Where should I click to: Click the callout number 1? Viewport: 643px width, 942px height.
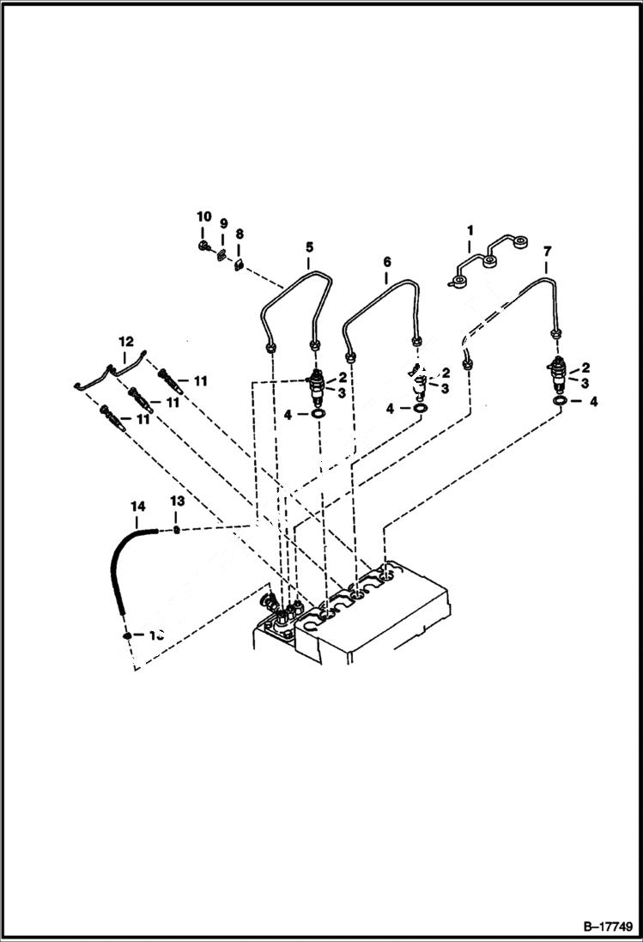point(470,230)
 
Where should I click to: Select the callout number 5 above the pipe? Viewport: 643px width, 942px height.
point(308,248)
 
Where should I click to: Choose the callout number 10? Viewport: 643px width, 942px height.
point(203,216)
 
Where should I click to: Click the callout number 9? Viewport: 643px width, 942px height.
point(222,224)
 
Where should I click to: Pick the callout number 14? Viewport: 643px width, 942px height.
point(137,507)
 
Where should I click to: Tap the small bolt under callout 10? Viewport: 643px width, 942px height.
point(203,246)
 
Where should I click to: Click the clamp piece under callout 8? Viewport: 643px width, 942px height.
point(240,264)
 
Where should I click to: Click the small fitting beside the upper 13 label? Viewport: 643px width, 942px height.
point(176,531)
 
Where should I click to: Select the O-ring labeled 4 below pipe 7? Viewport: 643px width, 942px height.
point(560,401)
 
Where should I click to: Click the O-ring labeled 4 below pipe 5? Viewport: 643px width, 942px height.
point(318,415)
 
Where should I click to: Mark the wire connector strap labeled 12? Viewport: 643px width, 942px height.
point(112,372)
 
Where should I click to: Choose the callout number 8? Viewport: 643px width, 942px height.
point(239,234)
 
